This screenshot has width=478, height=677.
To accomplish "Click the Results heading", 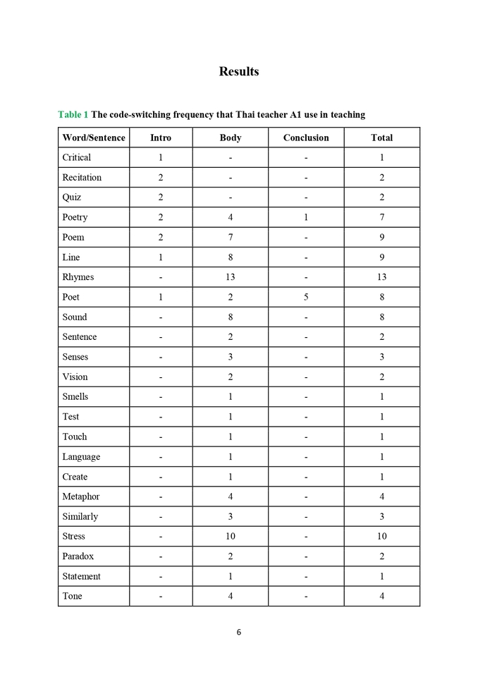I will [239, 71].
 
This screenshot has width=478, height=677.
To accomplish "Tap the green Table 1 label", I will [73, 114].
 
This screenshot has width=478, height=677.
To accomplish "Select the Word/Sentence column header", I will [94, 138].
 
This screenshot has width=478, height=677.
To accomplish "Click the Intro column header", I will [161, 138].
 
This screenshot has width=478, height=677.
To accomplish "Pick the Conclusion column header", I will [306, 138].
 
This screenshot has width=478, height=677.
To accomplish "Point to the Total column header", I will [382, 138].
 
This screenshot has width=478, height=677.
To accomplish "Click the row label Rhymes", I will [78, 277].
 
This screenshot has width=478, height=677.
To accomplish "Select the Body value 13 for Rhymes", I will [231, 277].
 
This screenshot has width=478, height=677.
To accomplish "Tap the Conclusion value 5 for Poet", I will [306, 297].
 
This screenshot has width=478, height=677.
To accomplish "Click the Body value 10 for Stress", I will [231, 537].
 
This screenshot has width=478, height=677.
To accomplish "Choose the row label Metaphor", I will [81, 496].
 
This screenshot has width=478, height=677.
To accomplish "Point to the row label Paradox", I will [78, 556].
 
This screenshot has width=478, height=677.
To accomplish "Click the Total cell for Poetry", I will [382, 217].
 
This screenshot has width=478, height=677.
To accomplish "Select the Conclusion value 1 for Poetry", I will [306, 217].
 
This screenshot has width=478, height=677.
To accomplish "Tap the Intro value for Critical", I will [161, 157].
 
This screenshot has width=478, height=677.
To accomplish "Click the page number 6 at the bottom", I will [239, 632].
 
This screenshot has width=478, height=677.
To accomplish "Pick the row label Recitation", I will [82, 177].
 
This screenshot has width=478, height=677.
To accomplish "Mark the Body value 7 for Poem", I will [231, 237].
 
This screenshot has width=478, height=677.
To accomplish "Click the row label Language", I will [81, 457].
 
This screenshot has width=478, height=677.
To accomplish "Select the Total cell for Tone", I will [382, 597].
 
